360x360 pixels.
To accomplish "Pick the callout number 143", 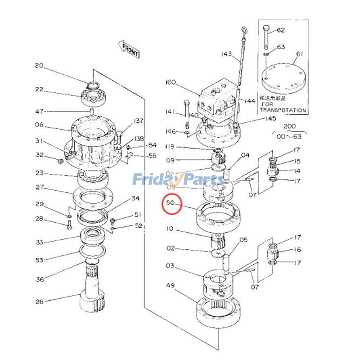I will [x=226, y=54].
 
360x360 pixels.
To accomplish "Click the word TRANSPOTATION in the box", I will [x=283, y=110].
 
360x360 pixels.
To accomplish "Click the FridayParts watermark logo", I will [x=178, y=180].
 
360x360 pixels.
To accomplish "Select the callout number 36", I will [x=40, y=279].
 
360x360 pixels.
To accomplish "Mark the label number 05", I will [x=243, y=240].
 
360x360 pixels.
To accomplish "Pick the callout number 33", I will [x=40, y=243].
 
